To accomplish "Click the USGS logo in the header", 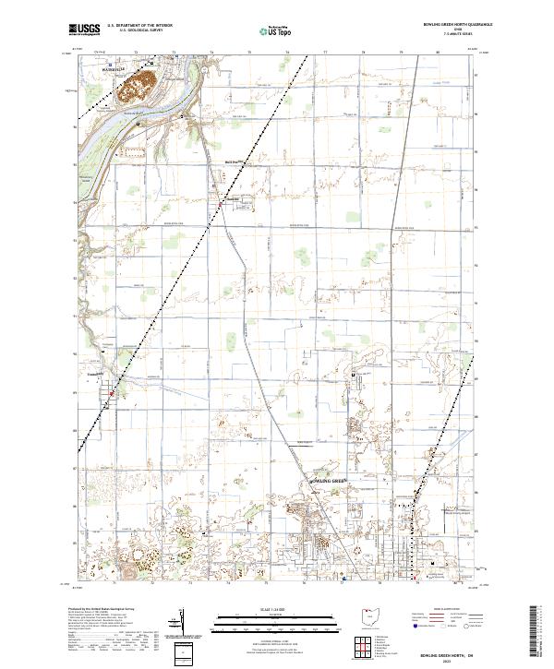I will coord(85,30).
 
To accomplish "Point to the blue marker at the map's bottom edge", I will coord(343,579).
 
